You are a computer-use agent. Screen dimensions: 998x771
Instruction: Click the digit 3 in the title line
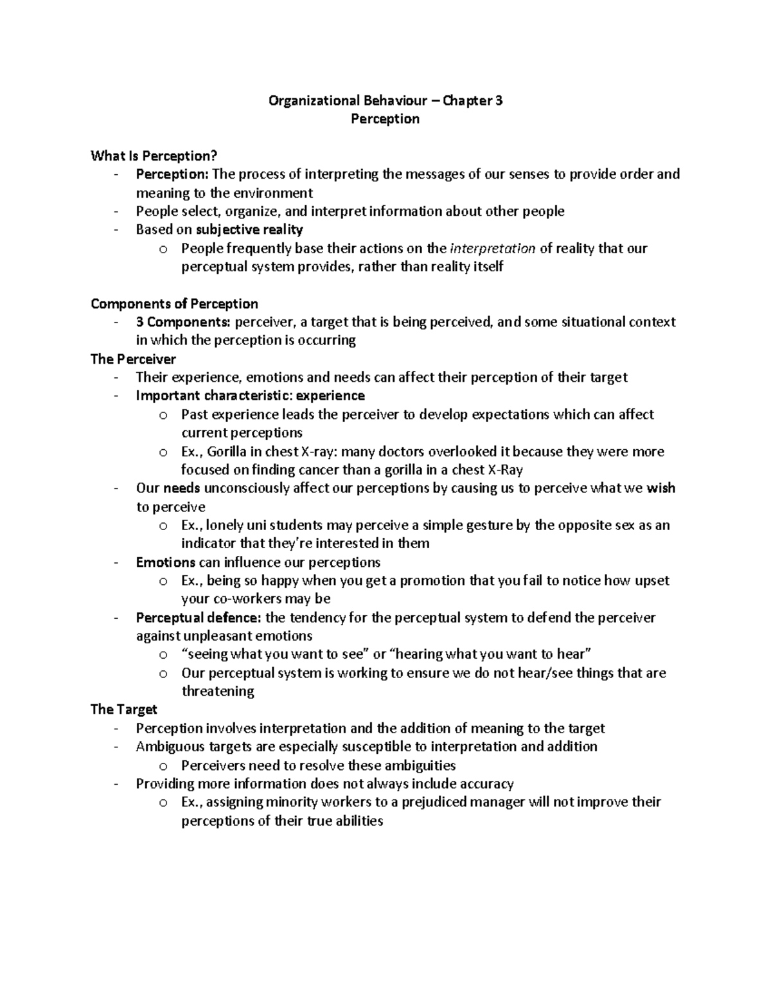tap(499, 100)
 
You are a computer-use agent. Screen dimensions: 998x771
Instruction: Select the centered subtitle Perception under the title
tap(385, 119)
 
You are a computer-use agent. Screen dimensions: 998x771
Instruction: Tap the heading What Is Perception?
tap(154, 156)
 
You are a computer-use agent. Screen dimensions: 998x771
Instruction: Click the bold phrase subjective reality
tap(249, 229)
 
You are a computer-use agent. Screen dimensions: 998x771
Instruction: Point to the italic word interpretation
tap(493, 248)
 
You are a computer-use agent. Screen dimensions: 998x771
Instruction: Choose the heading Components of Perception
tap(174, 303)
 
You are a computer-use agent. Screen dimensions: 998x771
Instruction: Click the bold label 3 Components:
tap(184, 322)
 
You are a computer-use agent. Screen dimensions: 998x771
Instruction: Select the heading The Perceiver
tap(133, 359)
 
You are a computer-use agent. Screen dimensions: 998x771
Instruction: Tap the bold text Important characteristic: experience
tap(250, 395)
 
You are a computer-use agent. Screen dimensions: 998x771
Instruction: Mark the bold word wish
tap(660, 488)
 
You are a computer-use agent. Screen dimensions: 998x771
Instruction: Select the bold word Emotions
tap(165, 562)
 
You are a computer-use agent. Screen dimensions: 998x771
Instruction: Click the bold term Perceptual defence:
tap(199, 618)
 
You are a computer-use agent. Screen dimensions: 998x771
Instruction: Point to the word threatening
tap(218, 691)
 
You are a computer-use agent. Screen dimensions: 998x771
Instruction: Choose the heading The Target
tap(124, 709)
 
